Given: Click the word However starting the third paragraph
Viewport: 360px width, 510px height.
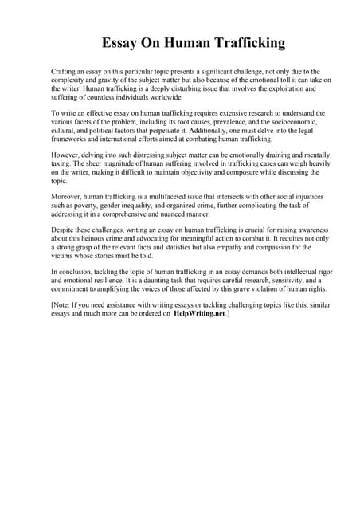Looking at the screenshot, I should coord(66,156).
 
